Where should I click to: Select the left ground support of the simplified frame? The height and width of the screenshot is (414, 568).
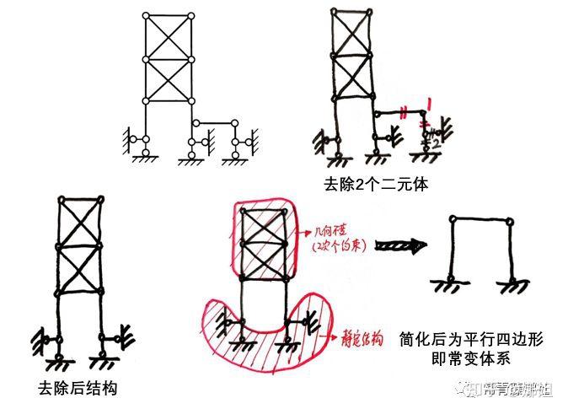click(x=445, y=285)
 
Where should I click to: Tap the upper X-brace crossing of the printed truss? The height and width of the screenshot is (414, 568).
click(x=169, y=37)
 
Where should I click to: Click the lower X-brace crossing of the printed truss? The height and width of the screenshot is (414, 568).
click(x=169, y=80)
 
